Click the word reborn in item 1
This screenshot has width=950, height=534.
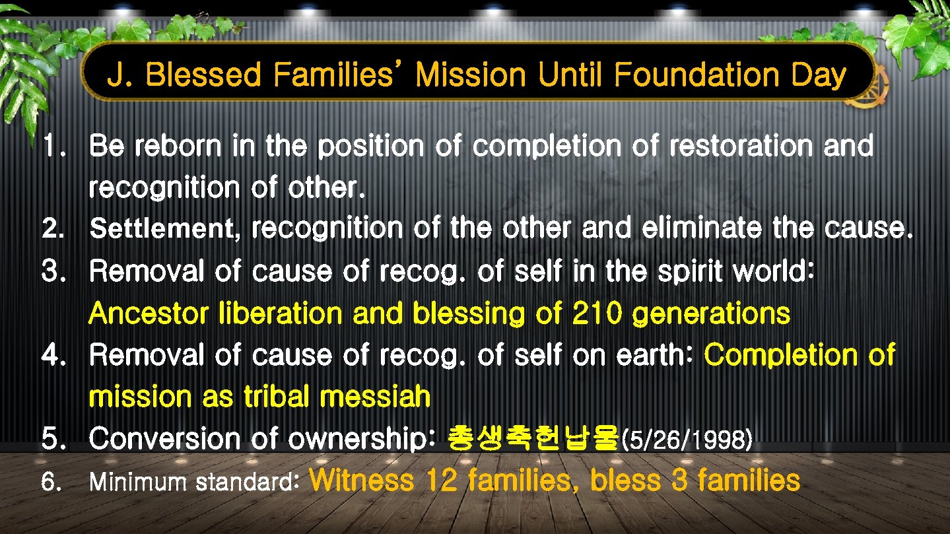click(178, 147)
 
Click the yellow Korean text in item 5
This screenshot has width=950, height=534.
click(533, 438)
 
